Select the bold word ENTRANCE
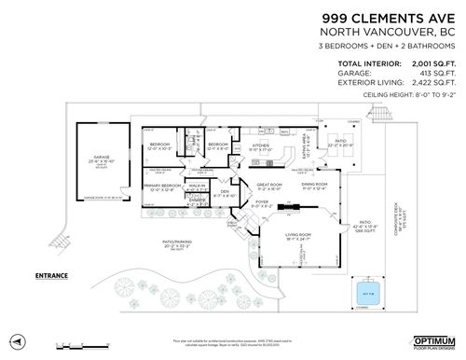point(50,275)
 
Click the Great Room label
point(268,185)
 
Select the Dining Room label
point(314,185)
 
